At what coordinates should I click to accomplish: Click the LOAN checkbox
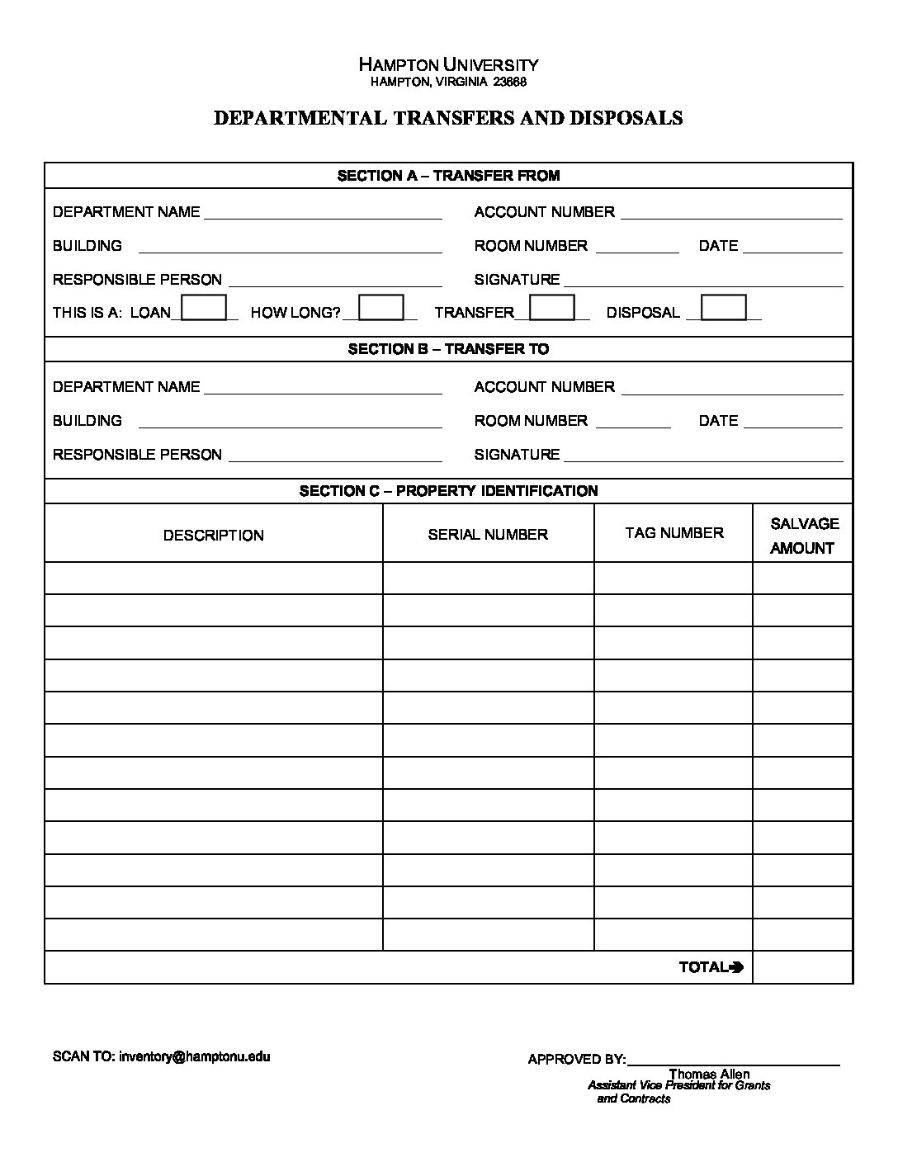tap(204, 308)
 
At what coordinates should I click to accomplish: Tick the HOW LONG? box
tap(381, 308)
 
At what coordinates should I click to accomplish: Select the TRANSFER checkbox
tap(551, 308)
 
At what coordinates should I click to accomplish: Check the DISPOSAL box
tap(723, 308)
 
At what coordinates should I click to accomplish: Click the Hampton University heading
tap(448, 64)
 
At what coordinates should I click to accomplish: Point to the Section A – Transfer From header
tap(448, 176)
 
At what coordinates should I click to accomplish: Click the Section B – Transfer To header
tap(448, 349)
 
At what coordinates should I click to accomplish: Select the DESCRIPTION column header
tap(213, 535)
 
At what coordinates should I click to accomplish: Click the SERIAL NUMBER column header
tap(488, 535)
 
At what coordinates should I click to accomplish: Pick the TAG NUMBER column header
tap(673, 533)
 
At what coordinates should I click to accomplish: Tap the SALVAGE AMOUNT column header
tap(803, 536)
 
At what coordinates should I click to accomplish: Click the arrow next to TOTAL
tap(737, 967)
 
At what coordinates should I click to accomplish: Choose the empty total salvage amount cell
tap(802, 967)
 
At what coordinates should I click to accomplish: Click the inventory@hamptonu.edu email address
tap(195, 1056)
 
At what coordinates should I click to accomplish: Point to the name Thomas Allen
tap(709, 1074)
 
